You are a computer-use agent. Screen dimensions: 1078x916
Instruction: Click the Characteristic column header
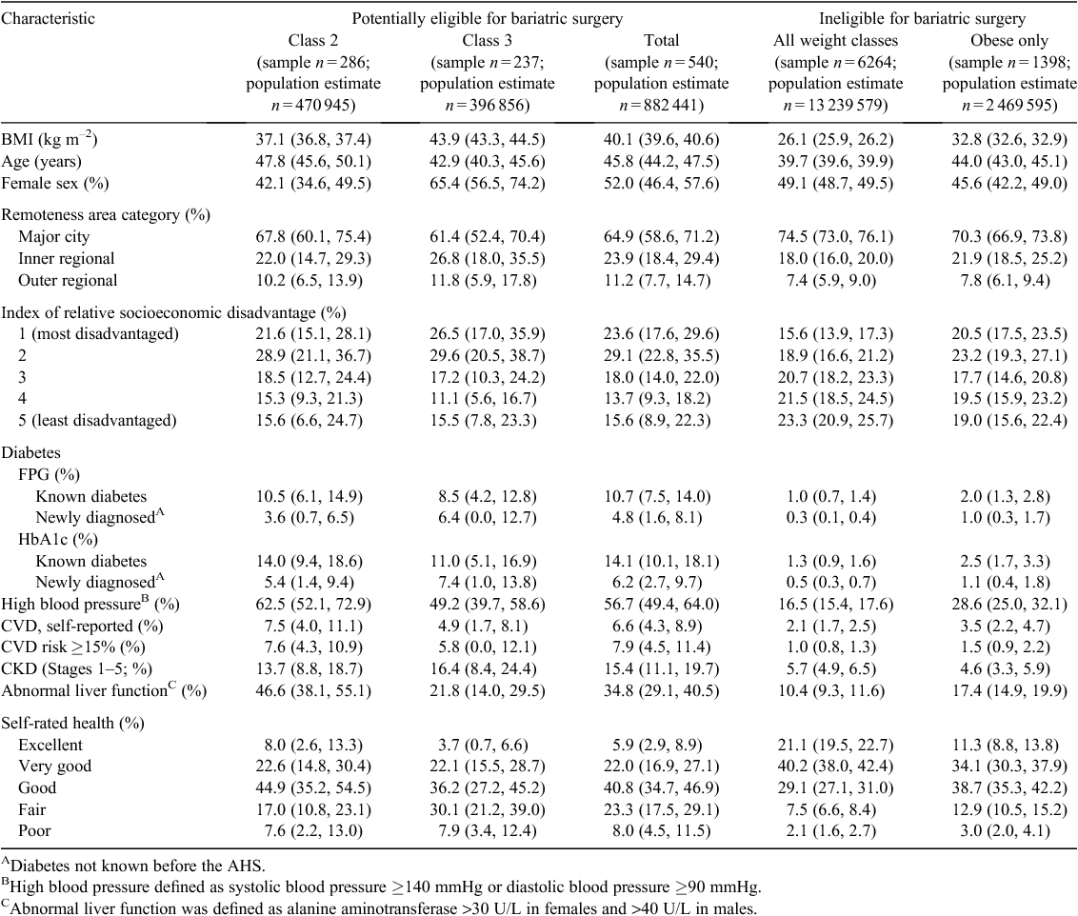49,18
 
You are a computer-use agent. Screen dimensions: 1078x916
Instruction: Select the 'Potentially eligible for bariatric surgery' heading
488,18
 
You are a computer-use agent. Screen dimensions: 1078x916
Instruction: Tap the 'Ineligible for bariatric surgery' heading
922,18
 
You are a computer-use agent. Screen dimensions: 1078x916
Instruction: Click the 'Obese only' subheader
1009,41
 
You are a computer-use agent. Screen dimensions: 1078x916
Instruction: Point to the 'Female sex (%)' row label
55,184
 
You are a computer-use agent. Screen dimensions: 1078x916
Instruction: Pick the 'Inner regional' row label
66,259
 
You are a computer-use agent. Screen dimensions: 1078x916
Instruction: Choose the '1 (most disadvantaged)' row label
98,334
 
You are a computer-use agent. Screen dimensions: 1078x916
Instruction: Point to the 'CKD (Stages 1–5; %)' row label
77,668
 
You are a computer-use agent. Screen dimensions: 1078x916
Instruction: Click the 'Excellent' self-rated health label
50,745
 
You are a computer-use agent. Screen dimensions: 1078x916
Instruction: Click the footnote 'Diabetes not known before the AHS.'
133,866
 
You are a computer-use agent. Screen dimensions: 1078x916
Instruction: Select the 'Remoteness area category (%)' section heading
106,215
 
